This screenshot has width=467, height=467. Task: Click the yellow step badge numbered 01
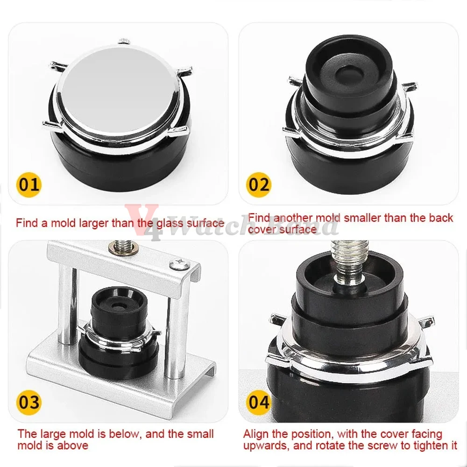point(29,184)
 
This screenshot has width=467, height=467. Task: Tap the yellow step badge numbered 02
point(259,184)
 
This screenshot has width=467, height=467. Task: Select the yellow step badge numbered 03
point(29,402)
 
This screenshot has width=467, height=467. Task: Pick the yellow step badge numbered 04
point(259,402)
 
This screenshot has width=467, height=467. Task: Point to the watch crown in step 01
point(123,40)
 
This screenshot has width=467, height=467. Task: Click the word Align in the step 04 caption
point(255,434)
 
